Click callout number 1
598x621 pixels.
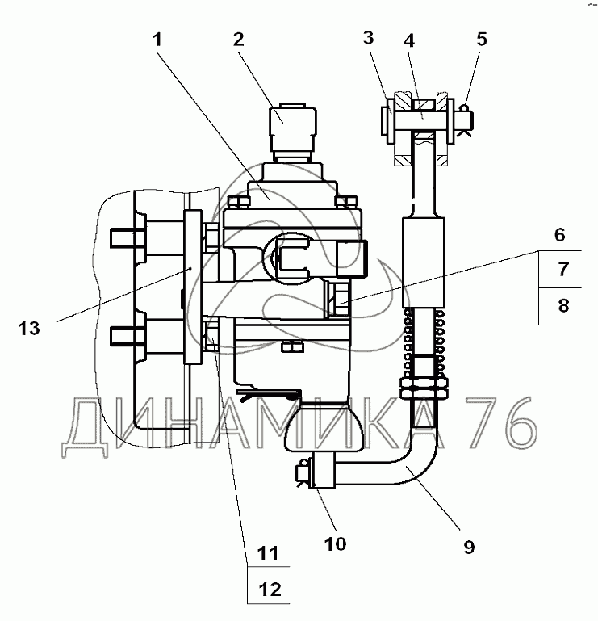point(157,40)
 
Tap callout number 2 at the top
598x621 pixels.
point(239,40)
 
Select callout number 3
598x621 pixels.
point(368,38)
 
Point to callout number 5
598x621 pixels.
point(482,40)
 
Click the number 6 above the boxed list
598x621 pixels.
point(559,235)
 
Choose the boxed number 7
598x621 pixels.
point(563,269)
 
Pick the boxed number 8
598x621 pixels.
point(563,306)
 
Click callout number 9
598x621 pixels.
point(469,548)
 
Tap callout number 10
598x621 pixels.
point(335,544)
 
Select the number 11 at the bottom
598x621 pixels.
point(268,553)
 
